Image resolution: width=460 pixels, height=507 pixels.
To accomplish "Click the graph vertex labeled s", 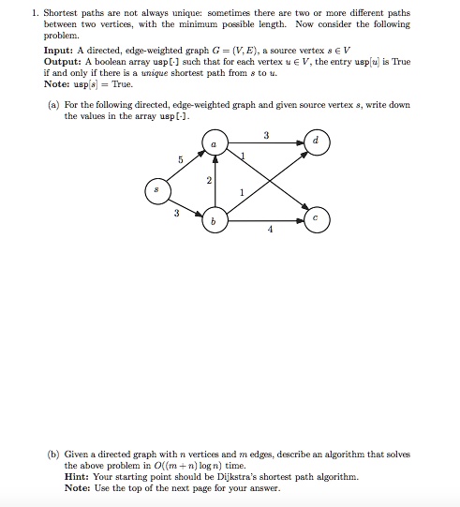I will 157,190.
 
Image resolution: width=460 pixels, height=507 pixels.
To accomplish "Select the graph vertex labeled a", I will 215,142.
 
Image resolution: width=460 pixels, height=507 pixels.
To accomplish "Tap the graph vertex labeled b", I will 215,219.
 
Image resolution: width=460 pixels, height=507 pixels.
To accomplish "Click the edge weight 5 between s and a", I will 180,159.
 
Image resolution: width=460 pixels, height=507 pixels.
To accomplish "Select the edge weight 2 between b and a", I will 208,180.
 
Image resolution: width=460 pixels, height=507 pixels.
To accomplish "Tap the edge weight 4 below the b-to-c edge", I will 271,229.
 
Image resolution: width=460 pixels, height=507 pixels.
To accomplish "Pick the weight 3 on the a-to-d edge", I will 267,135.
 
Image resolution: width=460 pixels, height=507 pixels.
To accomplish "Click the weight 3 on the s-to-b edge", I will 176,213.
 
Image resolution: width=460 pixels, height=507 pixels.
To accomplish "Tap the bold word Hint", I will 76,476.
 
